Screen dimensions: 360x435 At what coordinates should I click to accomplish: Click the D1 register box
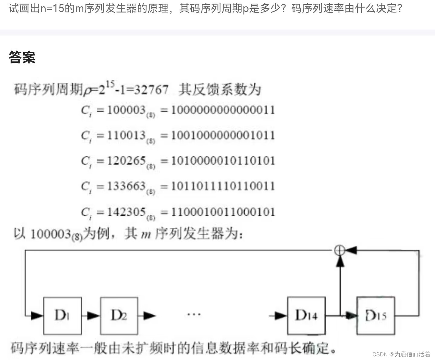(62, 316)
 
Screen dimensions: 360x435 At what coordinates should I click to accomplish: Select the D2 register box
(119, 316)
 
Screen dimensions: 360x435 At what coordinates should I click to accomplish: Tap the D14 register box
(306, 316)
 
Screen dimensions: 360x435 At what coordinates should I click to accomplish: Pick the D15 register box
(375, 316)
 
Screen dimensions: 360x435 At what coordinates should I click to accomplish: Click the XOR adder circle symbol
(340, 250)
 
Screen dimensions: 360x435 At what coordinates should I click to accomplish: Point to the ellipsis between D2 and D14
(194, 315)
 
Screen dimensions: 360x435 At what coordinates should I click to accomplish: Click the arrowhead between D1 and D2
(93, 316)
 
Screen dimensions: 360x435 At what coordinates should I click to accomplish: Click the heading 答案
(22, 57)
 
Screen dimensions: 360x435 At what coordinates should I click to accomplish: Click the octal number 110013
(126, 135)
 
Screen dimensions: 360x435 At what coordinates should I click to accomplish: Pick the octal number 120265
(126, 160)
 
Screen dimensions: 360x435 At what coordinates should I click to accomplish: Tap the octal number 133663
(126, 186)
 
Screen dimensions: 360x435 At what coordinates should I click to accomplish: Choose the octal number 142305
(126, 212)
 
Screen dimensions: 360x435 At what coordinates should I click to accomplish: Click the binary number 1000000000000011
(223, 110)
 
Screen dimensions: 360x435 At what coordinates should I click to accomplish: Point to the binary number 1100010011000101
(223, 212)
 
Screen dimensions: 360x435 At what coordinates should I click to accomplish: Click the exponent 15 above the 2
(110, 84)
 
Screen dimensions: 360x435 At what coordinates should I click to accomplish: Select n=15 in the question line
(52, 8)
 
